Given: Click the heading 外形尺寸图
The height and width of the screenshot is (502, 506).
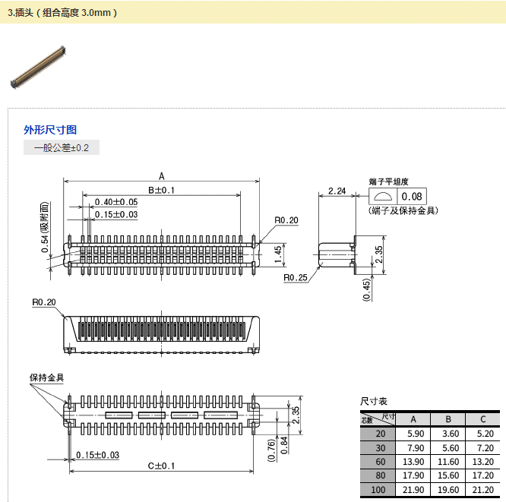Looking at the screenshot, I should pos(50,130).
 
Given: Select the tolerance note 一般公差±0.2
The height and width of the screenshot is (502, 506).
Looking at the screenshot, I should pos(62,148).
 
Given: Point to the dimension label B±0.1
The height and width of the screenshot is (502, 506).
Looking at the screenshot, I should pos(161,190).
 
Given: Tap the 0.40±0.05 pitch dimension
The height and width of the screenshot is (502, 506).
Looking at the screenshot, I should pos(115,202).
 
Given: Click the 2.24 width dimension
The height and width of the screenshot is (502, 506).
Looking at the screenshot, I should pos(337,190).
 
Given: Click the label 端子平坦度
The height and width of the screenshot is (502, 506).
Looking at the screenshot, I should pos(389,182).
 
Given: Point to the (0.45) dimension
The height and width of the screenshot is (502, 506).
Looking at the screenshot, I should pos(367,289).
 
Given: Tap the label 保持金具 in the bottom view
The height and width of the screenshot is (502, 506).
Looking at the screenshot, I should pos(46,378).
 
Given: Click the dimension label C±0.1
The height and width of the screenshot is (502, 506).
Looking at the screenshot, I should pos(161,466).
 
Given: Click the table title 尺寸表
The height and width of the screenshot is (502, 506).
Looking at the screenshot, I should pos(373,401).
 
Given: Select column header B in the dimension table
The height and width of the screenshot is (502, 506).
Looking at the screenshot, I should pos(448,419).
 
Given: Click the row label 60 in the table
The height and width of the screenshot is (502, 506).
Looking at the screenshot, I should pos(380,461).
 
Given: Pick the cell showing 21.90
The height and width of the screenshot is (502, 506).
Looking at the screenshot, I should pos(415,489).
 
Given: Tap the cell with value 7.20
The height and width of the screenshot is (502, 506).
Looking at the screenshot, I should pos(482,447).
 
